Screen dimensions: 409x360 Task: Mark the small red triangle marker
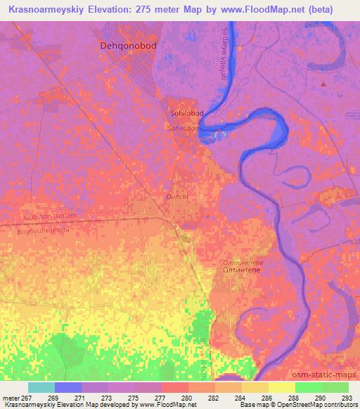pos(323,84)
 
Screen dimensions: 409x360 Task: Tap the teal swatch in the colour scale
pos(41,387)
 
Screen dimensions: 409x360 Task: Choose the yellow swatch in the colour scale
pos(282,387)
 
